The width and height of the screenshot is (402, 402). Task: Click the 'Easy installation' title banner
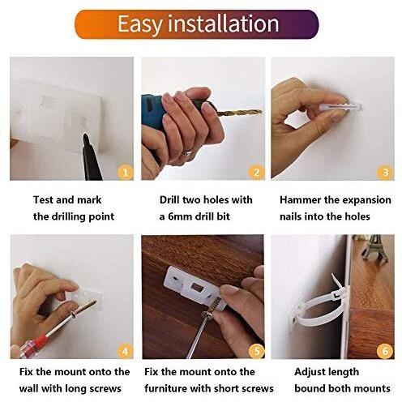coord(200,24)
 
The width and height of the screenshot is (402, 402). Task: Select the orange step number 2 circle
coord(256,172)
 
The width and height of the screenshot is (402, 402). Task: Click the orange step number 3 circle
coord(384,172)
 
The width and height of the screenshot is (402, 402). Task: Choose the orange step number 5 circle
coord(256,351)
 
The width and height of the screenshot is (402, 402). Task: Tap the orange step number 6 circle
coord(384,351)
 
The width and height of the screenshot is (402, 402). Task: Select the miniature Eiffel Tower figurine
coord(375,244)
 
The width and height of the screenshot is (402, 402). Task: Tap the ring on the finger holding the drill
coord(186,152)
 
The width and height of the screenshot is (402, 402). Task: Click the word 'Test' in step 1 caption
coord(45,200)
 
